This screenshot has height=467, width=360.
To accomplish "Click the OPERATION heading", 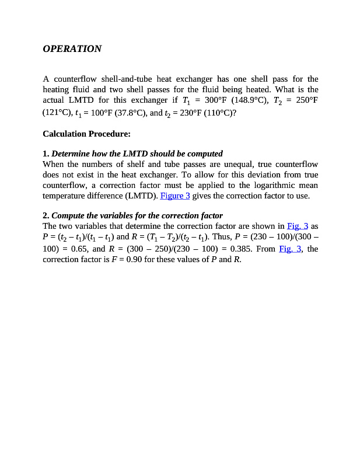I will pos(72,49).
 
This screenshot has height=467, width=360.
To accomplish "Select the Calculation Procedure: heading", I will pos(86,134).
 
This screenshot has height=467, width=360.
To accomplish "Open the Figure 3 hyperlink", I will pos(175,196).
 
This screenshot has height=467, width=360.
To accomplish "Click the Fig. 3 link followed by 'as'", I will pos(298,226).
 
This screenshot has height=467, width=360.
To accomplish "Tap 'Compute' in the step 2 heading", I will pos(68,215).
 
